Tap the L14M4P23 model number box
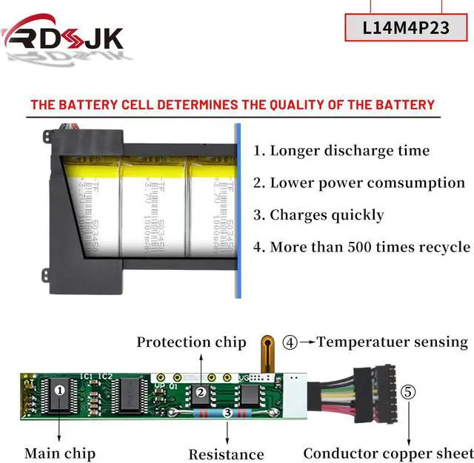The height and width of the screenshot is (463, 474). click(407, 27)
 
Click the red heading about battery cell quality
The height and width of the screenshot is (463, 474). click(233, 104)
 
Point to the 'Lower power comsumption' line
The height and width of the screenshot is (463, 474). click(360, 183)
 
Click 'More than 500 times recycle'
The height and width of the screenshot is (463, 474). click(362, 247)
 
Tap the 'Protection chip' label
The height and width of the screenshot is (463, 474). click(191, 342)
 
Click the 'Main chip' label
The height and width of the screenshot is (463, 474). click(60, 453)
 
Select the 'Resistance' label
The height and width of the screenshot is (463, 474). click(226, 453)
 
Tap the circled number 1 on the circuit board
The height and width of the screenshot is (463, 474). click(61, 388)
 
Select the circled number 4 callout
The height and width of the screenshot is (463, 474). click(290, 342)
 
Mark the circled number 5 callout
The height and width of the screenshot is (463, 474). click(408, 391)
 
